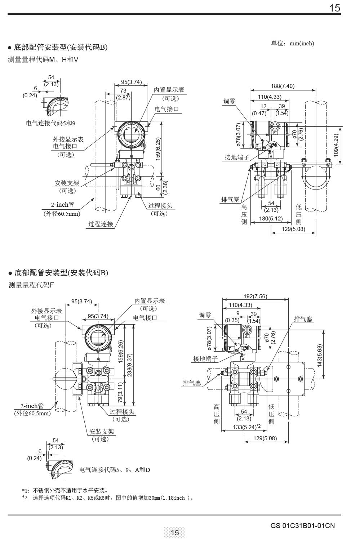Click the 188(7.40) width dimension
click(x=283, y=86)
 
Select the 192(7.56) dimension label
click(x=255, y=296)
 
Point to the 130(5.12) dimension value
click(x=271, y=219)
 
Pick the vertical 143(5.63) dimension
click(x=320, y=356)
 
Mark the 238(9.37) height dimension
click(x=129, y=365)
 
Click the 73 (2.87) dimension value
click(x=123, y=94)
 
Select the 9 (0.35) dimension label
click(x=233, y=317)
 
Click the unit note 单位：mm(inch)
click(x=293, y=44)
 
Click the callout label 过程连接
click(x=101, y=224)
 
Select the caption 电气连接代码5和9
click(x=50, y=123)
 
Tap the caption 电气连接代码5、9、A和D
click(x=115, y=470)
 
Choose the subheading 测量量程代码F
click(x=31, y=285)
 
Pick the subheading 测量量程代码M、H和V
click(x=43, y=60)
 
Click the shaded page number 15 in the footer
click(x=174, y=532)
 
